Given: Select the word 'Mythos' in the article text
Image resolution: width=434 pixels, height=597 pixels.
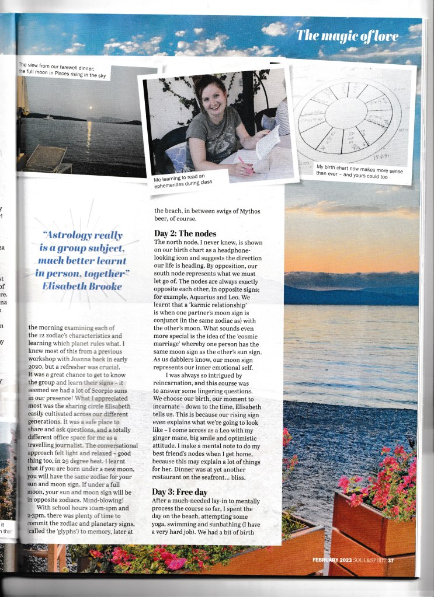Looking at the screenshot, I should pos(252,211).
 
